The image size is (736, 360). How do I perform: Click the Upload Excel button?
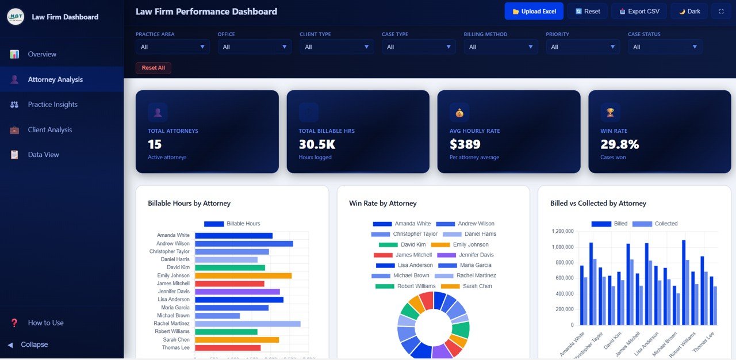534,12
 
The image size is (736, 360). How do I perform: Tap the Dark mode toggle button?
689,12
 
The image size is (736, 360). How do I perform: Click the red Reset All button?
153,68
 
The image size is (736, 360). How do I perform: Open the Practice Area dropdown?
172,47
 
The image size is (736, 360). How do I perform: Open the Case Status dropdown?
665,47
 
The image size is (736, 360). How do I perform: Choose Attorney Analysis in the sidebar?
55,79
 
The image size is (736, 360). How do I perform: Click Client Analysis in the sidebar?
50,130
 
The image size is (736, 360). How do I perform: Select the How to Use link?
46,323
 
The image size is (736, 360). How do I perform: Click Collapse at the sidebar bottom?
34,344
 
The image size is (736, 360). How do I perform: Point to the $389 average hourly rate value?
465,144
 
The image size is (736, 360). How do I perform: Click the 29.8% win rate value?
620,144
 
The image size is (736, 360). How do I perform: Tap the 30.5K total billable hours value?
317,144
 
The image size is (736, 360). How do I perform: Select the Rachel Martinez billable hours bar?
247,324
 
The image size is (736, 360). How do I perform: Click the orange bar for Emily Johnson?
243,275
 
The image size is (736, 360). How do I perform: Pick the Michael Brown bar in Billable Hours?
217,316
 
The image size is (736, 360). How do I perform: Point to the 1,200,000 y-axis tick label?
562,231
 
